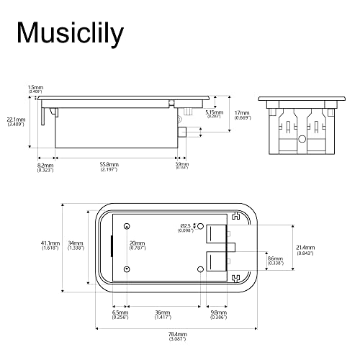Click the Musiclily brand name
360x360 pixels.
70,32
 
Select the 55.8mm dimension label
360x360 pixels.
109,164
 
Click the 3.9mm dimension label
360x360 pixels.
181,164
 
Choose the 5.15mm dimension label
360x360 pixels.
213,112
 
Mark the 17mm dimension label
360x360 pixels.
242,113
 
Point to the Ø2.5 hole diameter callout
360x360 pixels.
187,227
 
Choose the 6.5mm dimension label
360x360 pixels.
120,312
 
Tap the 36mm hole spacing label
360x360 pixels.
163,312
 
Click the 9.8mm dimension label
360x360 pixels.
217,312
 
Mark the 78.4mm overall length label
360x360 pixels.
177,334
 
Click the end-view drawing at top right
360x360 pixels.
302,125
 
